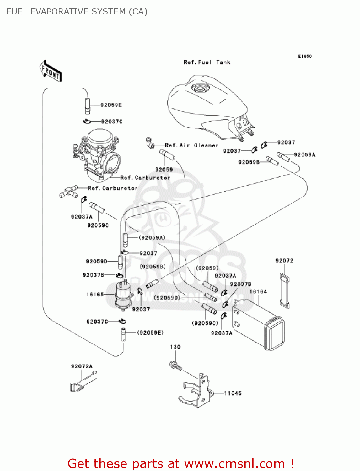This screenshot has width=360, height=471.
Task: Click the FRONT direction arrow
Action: click(x=51, y=71)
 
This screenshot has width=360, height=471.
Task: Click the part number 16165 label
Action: click(x=95, y=294)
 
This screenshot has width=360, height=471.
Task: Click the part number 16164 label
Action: click(x=258, y=292)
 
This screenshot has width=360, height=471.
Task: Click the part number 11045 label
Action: click(x=233, y=393)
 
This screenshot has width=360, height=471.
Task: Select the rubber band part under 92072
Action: click(x=285, y=291)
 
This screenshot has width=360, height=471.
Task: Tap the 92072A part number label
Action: click(x=82, y=366)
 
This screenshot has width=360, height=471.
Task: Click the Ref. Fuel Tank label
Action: click(x=207, y=62)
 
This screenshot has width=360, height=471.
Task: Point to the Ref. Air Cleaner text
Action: click(x=191, y=145)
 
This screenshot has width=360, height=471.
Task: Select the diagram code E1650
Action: click(x=305, y=56)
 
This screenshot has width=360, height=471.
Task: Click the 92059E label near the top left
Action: click(x=111, y=105)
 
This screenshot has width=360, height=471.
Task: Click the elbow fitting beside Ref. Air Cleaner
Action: click(x=150, y=143)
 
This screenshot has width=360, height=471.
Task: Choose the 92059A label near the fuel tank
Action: click(x=304, y=154)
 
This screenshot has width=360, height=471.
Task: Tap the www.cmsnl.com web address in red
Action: click(x=234, y=463)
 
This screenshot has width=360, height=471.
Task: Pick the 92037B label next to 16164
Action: click(x=240, y=284)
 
